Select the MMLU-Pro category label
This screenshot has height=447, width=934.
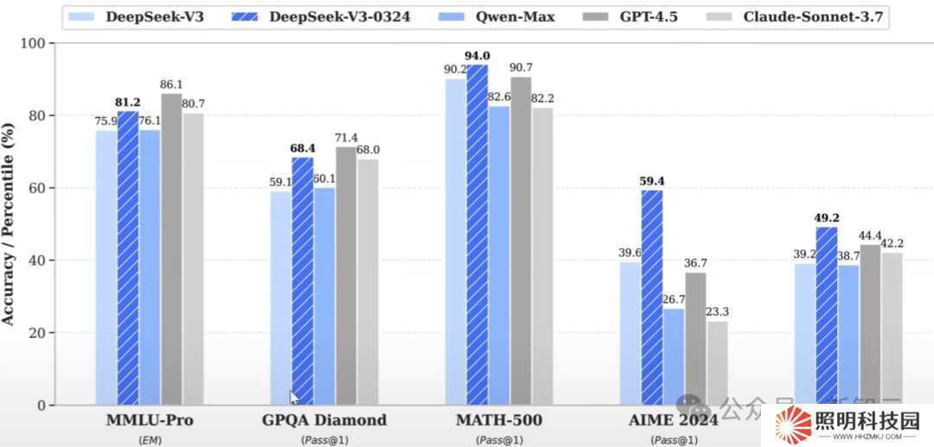tap(149, 421)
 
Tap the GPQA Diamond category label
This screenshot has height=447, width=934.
tap(324, 421)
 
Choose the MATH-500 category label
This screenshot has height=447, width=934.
tap(500, 421)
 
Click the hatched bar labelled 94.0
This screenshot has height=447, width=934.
tap(477, 233)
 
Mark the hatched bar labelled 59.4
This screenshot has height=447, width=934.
tap(652, 297)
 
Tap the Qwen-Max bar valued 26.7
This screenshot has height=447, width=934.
tap(674, 356)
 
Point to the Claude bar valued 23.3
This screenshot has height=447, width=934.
tap(717, 363)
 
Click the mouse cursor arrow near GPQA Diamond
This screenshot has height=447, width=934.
tap(295, 397)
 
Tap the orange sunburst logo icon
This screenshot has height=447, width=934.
tap(791, 425)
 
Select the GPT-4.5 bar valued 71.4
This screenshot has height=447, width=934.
tap(346, 276)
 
